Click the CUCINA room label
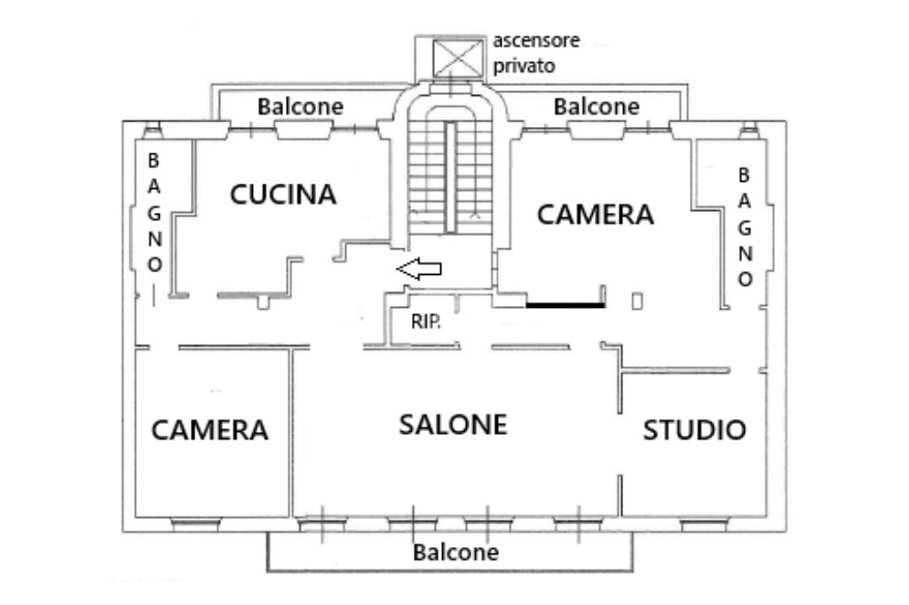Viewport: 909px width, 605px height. point(283,194)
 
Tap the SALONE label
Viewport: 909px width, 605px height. point(452,424)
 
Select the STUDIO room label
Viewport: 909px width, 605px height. point(694,430)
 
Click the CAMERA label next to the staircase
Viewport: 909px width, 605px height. point(596,214)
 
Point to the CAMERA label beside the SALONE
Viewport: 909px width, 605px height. point(209,430)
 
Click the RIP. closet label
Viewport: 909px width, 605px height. point(425,323)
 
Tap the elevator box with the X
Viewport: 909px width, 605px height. point(454,57)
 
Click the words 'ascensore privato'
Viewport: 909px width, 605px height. point(536,53)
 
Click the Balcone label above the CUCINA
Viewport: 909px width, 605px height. point(300,106)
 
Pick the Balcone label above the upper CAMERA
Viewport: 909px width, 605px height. point(597,106)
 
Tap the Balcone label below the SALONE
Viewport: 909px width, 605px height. point(455,553)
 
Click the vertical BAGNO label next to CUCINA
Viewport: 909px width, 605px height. point(154,213)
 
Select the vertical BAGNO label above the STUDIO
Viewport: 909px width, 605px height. point(745,226)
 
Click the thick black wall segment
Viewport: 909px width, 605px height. point(565,305)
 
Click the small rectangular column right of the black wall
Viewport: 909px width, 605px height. point(636,301)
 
